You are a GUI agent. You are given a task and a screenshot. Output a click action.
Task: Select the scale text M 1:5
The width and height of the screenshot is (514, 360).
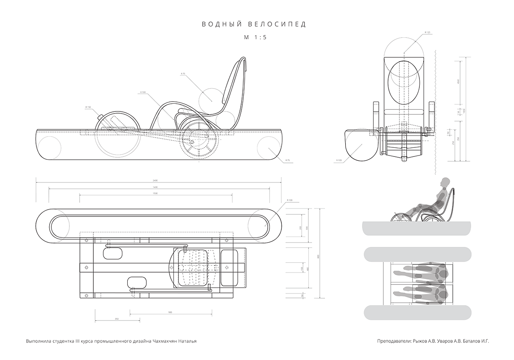[255, 37]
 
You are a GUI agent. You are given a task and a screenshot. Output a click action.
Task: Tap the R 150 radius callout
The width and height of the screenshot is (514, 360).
[88, 107]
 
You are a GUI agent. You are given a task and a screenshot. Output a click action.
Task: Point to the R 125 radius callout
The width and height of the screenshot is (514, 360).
[427, 33]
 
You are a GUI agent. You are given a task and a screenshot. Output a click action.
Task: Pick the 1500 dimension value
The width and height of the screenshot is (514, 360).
[155, 194]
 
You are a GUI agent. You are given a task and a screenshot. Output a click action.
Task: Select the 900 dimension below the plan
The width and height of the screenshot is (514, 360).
[170, 312]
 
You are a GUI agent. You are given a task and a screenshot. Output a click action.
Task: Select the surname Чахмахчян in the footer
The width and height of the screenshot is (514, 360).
[165, 342]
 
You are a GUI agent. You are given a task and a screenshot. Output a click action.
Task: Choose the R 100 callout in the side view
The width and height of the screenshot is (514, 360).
[143, 92]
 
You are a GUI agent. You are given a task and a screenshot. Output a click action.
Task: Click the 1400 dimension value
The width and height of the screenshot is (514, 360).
[155, 187]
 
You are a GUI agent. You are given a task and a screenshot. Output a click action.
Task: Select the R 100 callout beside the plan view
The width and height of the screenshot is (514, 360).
[290, 201]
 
